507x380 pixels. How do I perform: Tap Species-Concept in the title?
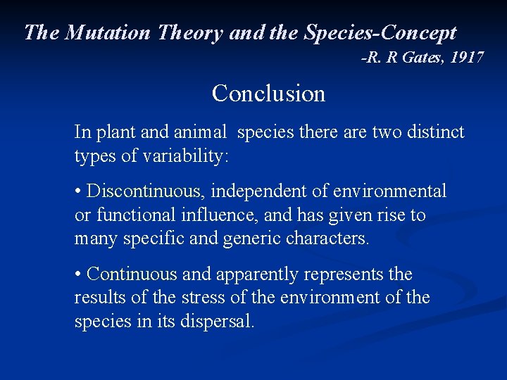pos(380,32)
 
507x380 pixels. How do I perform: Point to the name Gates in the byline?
pos(421,58)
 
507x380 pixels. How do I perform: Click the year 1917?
pos(467,58)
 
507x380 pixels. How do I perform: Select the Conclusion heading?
pos(268,93)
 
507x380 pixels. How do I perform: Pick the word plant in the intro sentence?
pos(114,132)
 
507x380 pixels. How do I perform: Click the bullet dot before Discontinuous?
pos(78,191)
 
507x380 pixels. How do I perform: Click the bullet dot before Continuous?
pos(78,274)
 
